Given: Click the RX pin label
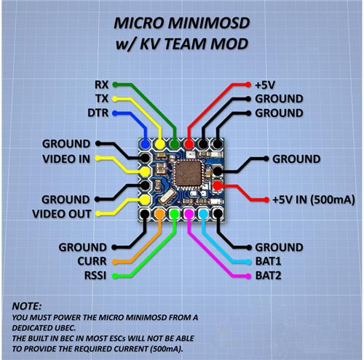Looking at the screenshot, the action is pyautogui.click(x=101, y=85).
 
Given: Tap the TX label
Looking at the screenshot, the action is pyautogui.click(x=102, y=99).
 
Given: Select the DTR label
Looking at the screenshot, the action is pyautogui.click(x=98, y=113).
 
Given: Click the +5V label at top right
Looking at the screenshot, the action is pyautogui.click(x=265, y=85).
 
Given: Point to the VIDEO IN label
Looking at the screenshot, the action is pyautogui.click(x=66, y=159).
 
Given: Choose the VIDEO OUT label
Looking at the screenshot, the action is pyautogui.click(x=62, y=214).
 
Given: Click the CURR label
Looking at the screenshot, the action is pyautogui.click(x=92, y=261).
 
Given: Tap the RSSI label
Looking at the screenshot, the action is pyautogui.click(x=95, y=276).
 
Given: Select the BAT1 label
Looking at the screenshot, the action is pyautogui.click(x=268, y=261).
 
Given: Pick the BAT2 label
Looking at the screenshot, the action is pyautogui.click(x=268, y=276).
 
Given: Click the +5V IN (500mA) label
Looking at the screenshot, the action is pyautogui.click(x=314, y=200).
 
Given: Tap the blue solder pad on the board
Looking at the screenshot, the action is pyautogui.click(x=146, y=144).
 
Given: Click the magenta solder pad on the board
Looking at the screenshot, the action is pyautogui.click(x=189, y=214).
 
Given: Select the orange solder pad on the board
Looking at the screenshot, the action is pyautogui.click(x=159, y=214).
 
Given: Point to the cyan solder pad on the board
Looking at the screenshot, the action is pyautogui.click(x=203, y=214).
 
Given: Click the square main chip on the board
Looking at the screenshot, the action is pyautogui.click(x=189, y=174).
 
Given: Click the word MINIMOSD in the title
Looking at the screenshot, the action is pyautogui.click(x=209, y=23).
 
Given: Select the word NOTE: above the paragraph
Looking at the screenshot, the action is pyautogui.click(x=27, y=306).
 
